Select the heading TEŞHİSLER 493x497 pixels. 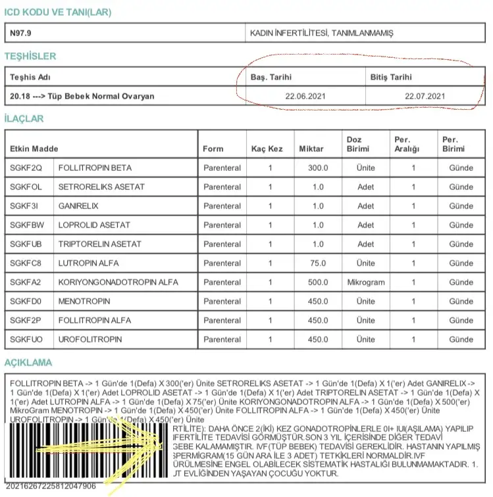30,57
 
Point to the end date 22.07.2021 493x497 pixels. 425,96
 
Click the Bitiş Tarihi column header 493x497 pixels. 391,77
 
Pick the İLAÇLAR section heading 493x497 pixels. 24,119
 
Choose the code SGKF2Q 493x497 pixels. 25,168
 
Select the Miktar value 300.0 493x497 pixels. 318,168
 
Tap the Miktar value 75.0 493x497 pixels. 318,263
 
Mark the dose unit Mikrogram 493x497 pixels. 366,282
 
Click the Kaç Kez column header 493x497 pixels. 267,149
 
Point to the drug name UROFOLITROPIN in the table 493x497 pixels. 90,339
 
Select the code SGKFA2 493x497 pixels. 25,282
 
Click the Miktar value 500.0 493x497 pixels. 318,282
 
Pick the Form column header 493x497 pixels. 213,149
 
